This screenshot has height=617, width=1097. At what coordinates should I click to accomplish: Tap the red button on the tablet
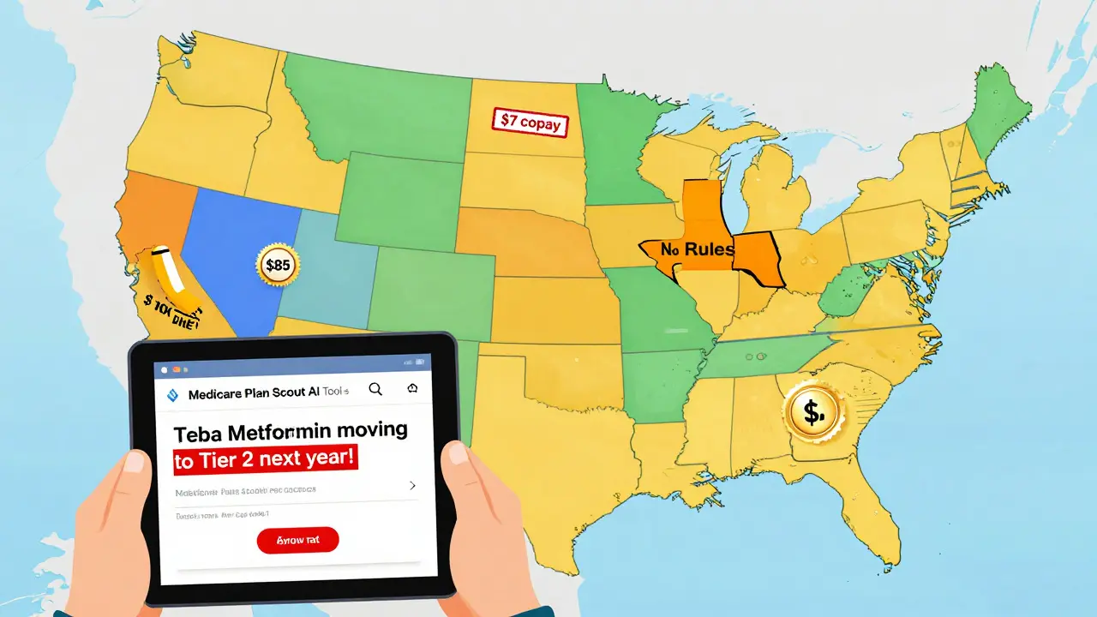pyautogui.click(x=297, y=539)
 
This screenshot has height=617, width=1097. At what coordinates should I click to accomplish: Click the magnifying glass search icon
pyautogui.click(x=375, y=389)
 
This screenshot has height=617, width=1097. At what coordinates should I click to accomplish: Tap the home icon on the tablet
pyautogui.click(x=413, y=389)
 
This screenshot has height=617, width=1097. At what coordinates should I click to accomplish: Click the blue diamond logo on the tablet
pyautogui.click(x=171, y=394)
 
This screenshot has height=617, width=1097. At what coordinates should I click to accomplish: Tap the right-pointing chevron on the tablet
pyautogui.click(x=412, y=485)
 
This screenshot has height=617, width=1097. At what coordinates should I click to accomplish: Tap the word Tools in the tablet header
pyautogui.click(x=335, y=392)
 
